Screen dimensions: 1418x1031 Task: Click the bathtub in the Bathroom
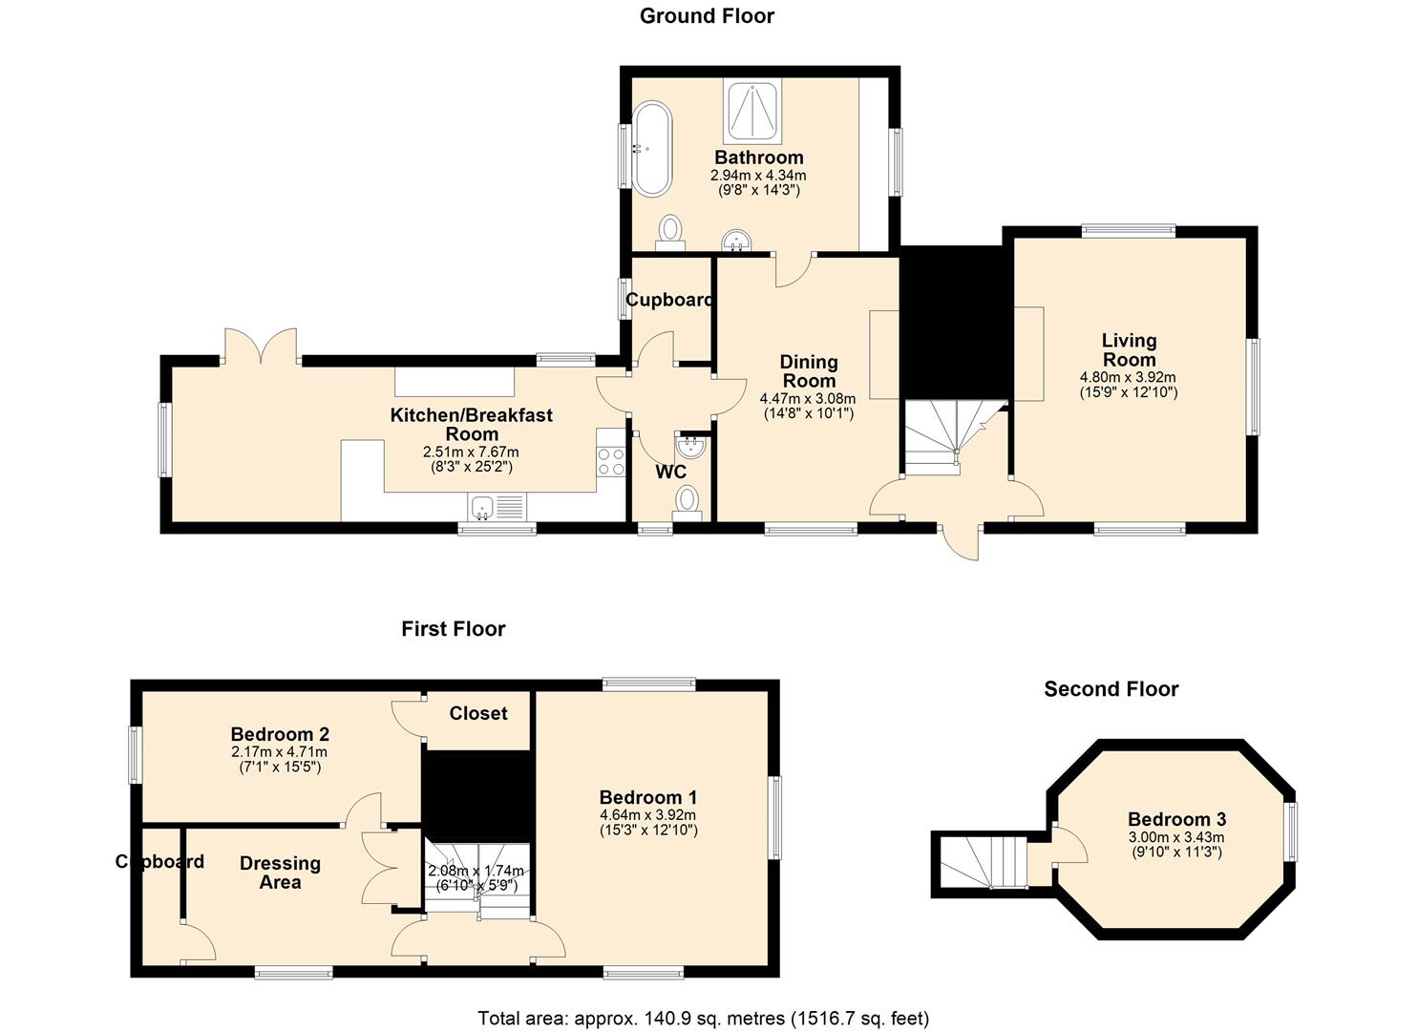652,149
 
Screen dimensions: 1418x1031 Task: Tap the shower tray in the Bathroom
752,112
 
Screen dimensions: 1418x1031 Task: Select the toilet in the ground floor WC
687,503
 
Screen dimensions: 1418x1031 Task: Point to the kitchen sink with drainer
497,507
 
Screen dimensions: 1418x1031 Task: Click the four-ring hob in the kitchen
611,461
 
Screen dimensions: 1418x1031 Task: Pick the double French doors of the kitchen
261,347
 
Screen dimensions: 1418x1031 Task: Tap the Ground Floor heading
707,16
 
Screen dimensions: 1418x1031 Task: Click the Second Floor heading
1111,688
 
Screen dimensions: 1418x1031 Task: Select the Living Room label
1129,350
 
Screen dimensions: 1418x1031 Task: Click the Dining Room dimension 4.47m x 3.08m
808,399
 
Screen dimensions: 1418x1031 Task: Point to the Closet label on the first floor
478,713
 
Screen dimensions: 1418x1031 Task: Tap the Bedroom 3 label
1176,819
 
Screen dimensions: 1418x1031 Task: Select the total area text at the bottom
704,1019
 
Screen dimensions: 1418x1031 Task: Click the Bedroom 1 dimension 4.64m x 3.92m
647,815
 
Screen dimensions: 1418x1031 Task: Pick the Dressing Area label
280,873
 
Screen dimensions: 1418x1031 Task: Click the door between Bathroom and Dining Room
795,271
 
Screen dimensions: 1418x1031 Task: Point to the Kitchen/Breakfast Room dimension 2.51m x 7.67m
471,452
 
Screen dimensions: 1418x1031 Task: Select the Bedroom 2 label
280,734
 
